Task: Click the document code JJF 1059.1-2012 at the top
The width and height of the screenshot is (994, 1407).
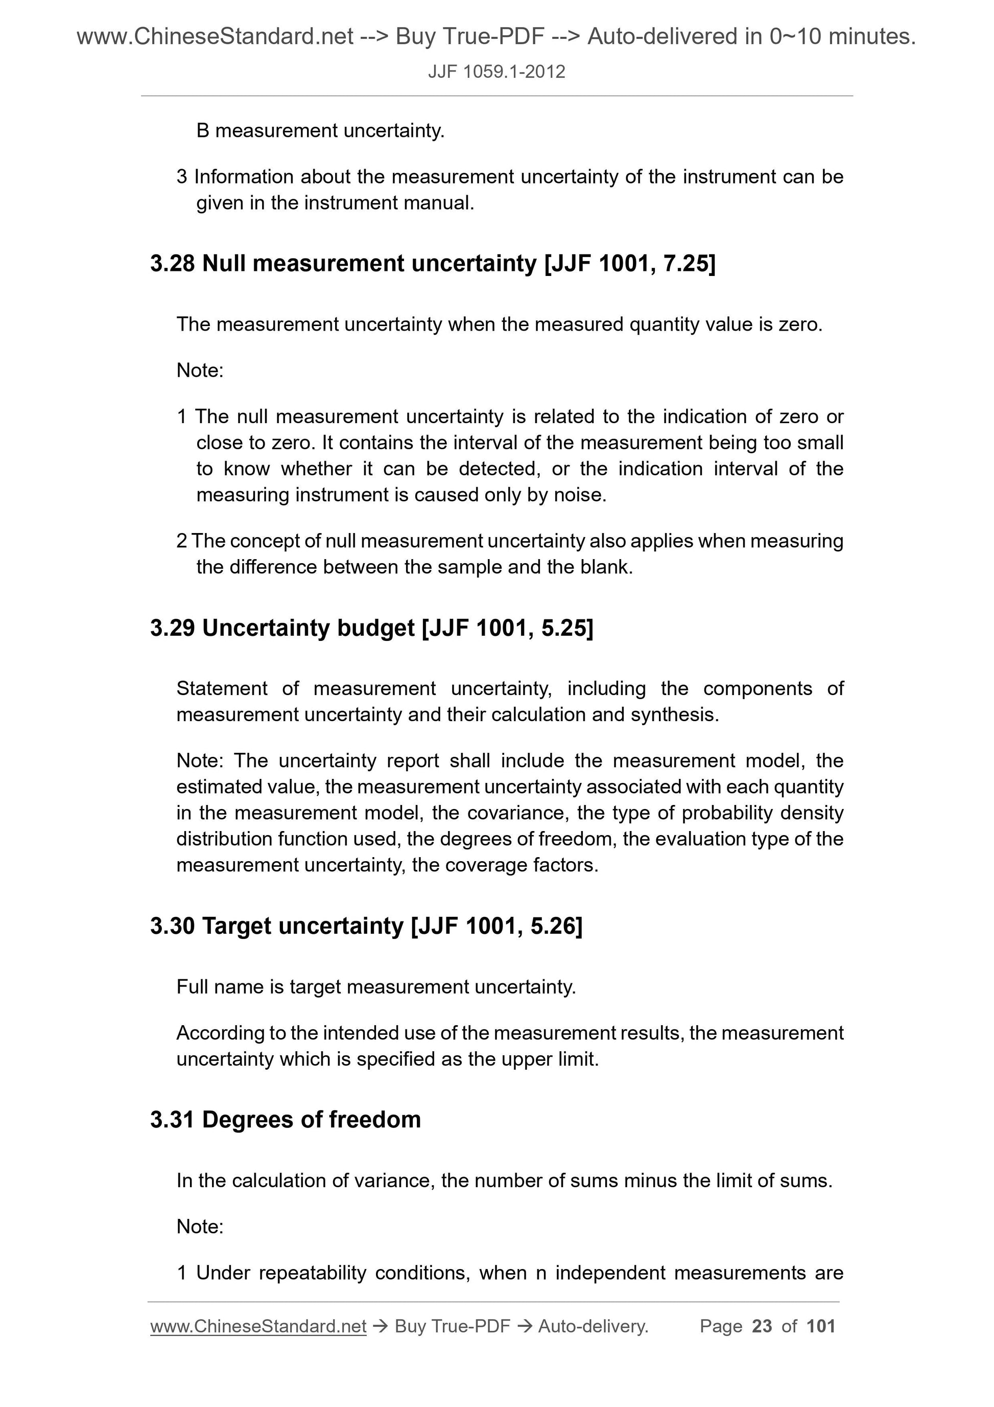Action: (x=496, y=72)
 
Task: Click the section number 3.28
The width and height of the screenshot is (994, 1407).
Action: (x=172, y=264)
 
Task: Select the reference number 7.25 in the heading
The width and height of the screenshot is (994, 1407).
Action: (x=684, y=264)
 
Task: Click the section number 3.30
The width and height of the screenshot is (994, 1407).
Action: (x=172, y=926)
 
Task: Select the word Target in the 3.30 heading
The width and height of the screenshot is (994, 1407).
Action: (x=236, y=926)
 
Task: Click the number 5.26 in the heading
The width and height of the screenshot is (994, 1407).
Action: (x=553, y=926)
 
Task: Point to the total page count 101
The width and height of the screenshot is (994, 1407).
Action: (x=821, y=1327)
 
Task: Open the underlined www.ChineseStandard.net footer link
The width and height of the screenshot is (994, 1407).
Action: (x=258, y=1327)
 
